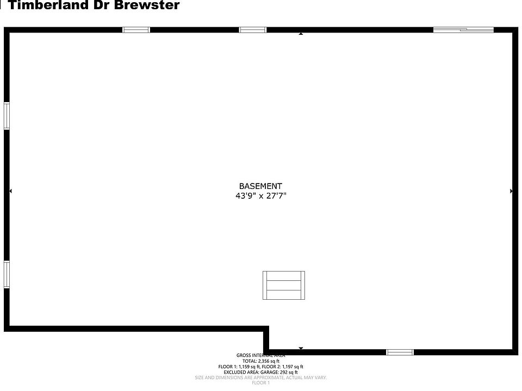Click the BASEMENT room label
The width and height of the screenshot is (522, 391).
(x=260, y=186)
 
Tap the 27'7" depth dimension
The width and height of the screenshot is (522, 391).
(x=275, y=196)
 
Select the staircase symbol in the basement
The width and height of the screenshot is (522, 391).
(x=284, y=285)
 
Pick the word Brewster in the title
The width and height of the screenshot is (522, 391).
(x=146, y=6)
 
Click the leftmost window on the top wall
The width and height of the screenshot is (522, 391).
(x=136, y=30)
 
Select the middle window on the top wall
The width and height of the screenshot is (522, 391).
(x=253, y=30)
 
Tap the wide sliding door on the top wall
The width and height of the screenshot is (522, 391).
(x=463, y=30)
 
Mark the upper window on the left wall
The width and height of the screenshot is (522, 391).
(x=7, y=116)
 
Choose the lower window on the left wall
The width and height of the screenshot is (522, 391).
(x=7, y=274)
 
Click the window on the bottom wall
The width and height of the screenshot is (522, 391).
(x=400, y=352)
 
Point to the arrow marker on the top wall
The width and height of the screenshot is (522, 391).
(x=301, y=34)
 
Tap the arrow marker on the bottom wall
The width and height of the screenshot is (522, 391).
(x=301, y=348)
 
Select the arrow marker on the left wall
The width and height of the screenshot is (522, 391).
(x=10, y=191)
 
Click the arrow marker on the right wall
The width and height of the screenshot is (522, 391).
(x=511, y=191)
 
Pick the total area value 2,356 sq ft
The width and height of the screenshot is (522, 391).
(x=269, y=361)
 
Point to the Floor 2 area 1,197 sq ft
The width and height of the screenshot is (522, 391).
(x=293, y=367)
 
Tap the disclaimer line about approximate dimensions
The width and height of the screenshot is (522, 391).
(x=260, y=377)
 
